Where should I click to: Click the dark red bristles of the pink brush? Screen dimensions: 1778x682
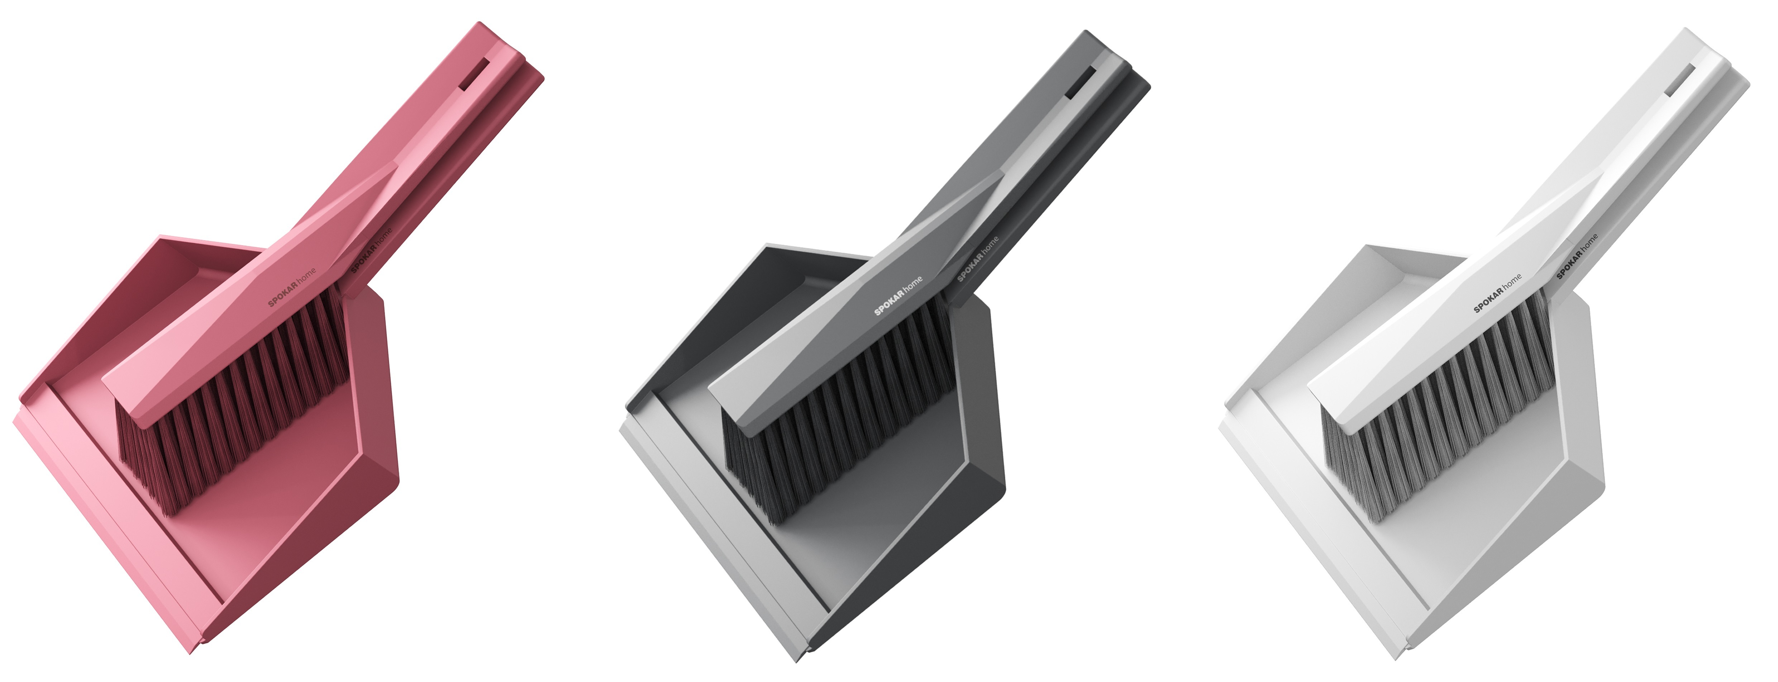(x=231, y=407)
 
